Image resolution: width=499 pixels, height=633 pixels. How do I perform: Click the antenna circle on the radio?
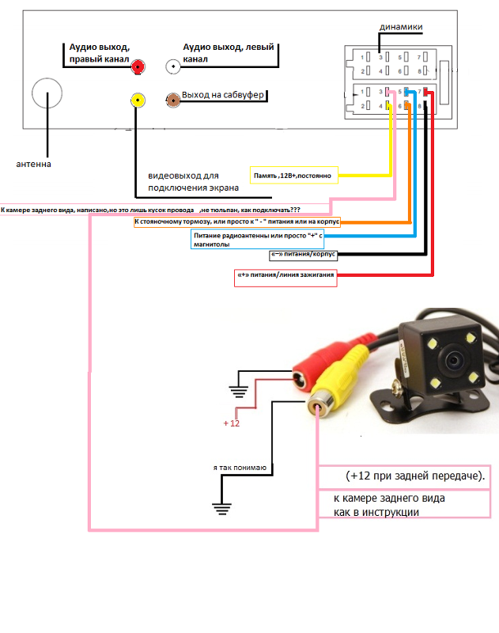[x=47, y=94]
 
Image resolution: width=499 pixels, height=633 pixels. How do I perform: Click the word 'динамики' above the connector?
[x=401, y=28]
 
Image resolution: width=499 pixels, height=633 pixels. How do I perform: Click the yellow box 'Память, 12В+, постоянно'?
[x=295, y=175]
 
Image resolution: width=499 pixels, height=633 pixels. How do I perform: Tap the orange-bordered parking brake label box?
[x=237, y=222]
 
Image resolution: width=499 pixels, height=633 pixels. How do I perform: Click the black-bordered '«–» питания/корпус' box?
[x=304, y=256]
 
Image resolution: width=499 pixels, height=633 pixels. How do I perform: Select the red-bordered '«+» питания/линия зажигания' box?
[x=286, y=277]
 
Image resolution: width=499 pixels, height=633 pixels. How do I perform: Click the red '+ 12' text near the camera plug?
[x=231, y=423]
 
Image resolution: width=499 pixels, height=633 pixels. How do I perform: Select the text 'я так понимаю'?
[x=243, y=468]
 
